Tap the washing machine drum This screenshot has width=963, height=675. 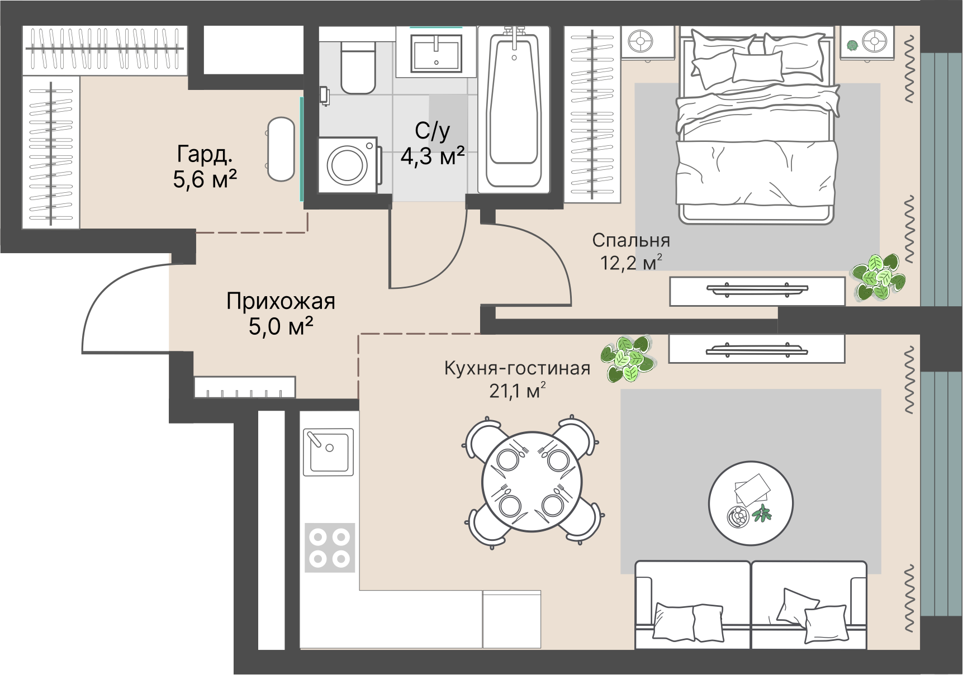[x=348, y=165]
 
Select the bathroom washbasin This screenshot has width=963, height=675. [x=437, y=53]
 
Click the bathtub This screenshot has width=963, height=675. [x=514, y=109]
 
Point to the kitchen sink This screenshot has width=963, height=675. [x=329, y=451]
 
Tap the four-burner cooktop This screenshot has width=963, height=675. [x=330, y=548]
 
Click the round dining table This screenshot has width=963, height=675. [x=532, y=482]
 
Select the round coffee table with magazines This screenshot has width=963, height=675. [x=751, y=503]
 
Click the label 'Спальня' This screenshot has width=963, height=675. [x=631, y=240]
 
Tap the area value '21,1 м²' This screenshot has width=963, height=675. [x=517, y=391]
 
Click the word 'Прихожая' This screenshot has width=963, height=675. [x=281, y=302]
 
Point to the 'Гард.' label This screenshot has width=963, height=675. [x=205, y=154]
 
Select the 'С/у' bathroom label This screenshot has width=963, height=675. [x=432, y=131]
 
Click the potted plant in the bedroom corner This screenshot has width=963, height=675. [x=877, y=276]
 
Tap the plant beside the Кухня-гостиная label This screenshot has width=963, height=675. [x=627, y=359]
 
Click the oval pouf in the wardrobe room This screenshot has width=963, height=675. [x=281, y=149]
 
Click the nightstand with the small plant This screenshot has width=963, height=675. [x=867, y=42]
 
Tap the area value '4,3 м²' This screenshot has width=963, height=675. [x=433, y=156]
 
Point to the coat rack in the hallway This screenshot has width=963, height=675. [x=245, y=387]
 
